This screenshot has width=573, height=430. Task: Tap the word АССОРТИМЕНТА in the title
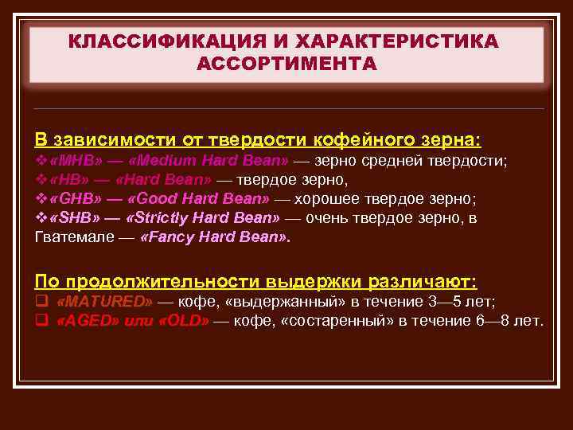click(286, 63)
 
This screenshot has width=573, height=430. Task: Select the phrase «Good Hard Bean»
click(198, 198)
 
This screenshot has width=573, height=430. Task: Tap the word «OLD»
click(185, 321)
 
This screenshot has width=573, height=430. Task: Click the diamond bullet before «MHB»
click(41, 160)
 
